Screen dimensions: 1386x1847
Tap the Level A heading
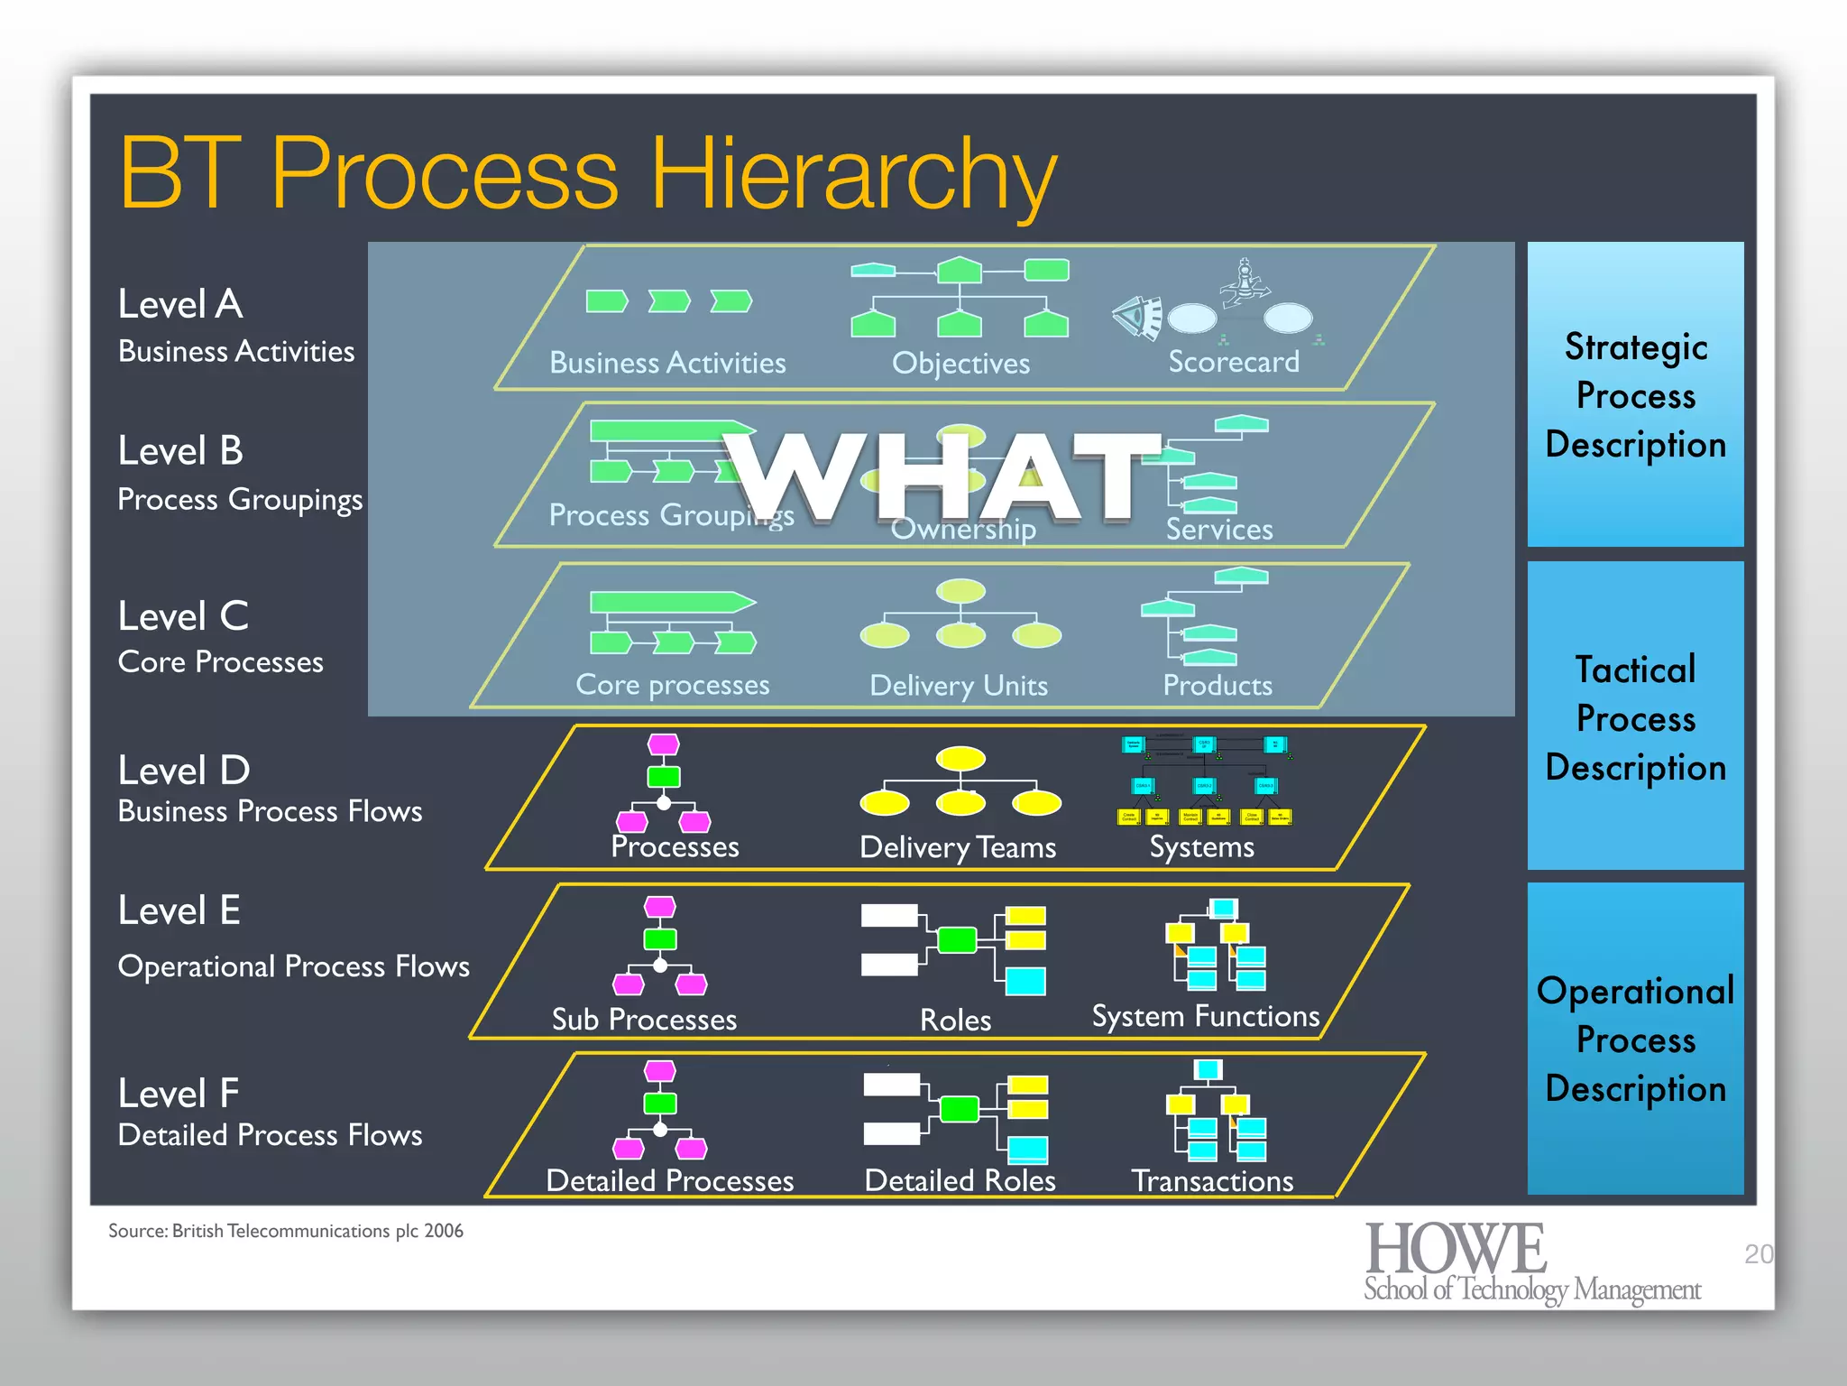[x=180, y=304]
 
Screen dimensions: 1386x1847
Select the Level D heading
[x=184, y=771]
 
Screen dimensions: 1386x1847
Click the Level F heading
[x=179, y=1094]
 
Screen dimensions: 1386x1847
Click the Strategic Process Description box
[x=1635, y=395]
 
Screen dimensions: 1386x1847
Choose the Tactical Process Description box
[x=1635, y=718]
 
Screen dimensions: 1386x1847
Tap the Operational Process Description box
[x=1635, y=1039]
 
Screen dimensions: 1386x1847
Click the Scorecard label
[x=1234, y=362]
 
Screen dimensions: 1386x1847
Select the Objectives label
[x=960, y=364]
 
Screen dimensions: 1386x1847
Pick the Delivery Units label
[x=959, y=686]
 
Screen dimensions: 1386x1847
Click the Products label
[x=1218, y=685]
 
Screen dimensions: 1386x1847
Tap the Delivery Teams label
[x=958, y=847]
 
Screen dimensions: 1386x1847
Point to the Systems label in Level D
[x=1201, y=847]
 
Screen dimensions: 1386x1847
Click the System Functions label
[x=1206, y=1017]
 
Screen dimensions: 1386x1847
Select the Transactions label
[x=1212, y=1181]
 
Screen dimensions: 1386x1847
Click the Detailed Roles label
[x=960, y=1181]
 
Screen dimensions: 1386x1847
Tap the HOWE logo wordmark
[x=1456, y=1249]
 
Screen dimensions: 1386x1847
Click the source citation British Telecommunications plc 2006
[x=286, y=1232]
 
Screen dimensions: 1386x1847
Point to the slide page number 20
[x=1758, y=1254]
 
